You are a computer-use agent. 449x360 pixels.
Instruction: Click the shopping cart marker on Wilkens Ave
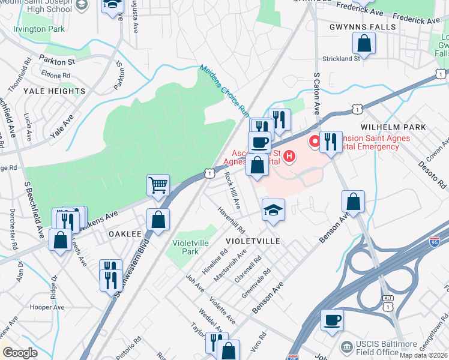coord(158,186)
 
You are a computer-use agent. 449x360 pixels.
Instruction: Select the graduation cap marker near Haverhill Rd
coord(273,210)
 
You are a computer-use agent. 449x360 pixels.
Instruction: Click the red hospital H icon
coord(290,157)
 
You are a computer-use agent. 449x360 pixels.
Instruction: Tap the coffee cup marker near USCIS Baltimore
coord(332,320)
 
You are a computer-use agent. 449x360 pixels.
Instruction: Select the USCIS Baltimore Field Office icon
coord(346,347)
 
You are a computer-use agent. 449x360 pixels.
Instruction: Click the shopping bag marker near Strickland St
coord(364,43)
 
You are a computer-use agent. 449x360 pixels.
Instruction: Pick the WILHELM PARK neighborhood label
coord(394,127)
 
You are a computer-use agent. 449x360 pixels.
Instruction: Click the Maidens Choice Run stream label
coord(224,90)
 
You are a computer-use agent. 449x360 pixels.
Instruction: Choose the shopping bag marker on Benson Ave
coord(354,202)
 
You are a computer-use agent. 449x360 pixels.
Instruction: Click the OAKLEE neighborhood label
coord(125,234)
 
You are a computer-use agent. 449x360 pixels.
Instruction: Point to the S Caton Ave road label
coord(316,90)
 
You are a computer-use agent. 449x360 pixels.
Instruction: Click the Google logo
coord(19,353)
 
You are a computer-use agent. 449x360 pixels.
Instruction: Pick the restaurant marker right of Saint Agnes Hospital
coord(331,142)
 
